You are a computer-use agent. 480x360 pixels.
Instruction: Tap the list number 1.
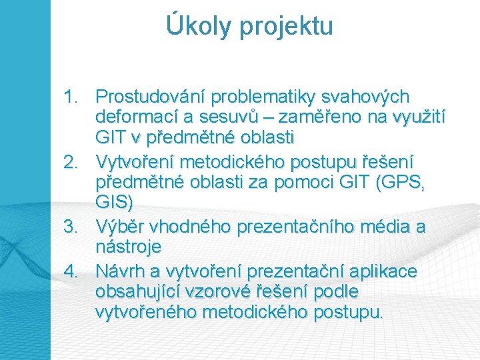pos(71,97)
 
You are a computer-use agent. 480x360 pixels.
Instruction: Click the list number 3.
pos(71,227)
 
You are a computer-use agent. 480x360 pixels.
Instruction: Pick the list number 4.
pos(71,271)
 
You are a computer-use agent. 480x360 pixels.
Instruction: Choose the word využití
pos(419,119)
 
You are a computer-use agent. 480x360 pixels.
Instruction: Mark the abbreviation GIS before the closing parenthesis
pos(111,202)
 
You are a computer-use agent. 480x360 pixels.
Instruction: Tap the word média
pos(384,227)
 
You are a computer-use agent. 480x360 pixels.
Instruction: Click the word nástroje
pos(128,247)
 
